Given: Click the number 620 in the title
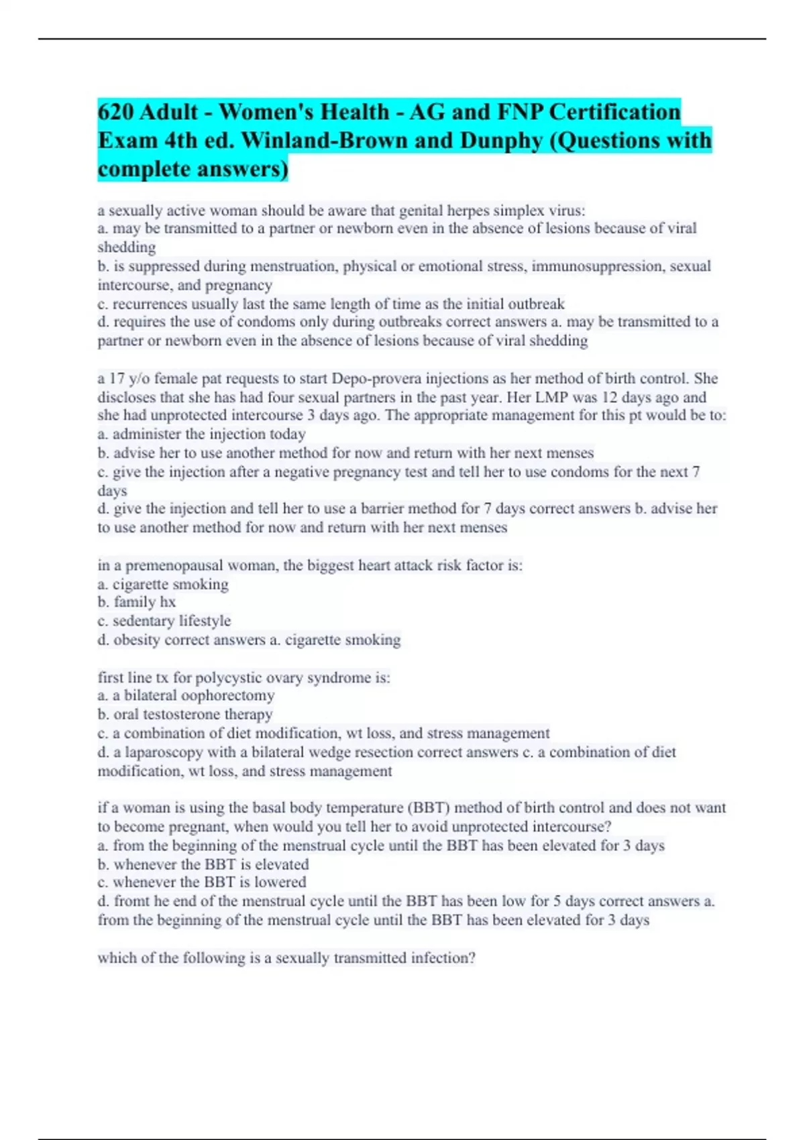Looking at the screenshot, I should tap(115, 111).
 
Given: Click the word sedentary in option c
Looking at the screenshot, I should tap(143, 621).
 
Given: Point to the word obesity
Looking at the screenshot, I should tap(137, 640).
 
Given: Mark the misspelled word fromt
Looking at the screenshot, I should tap(128, 901).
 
